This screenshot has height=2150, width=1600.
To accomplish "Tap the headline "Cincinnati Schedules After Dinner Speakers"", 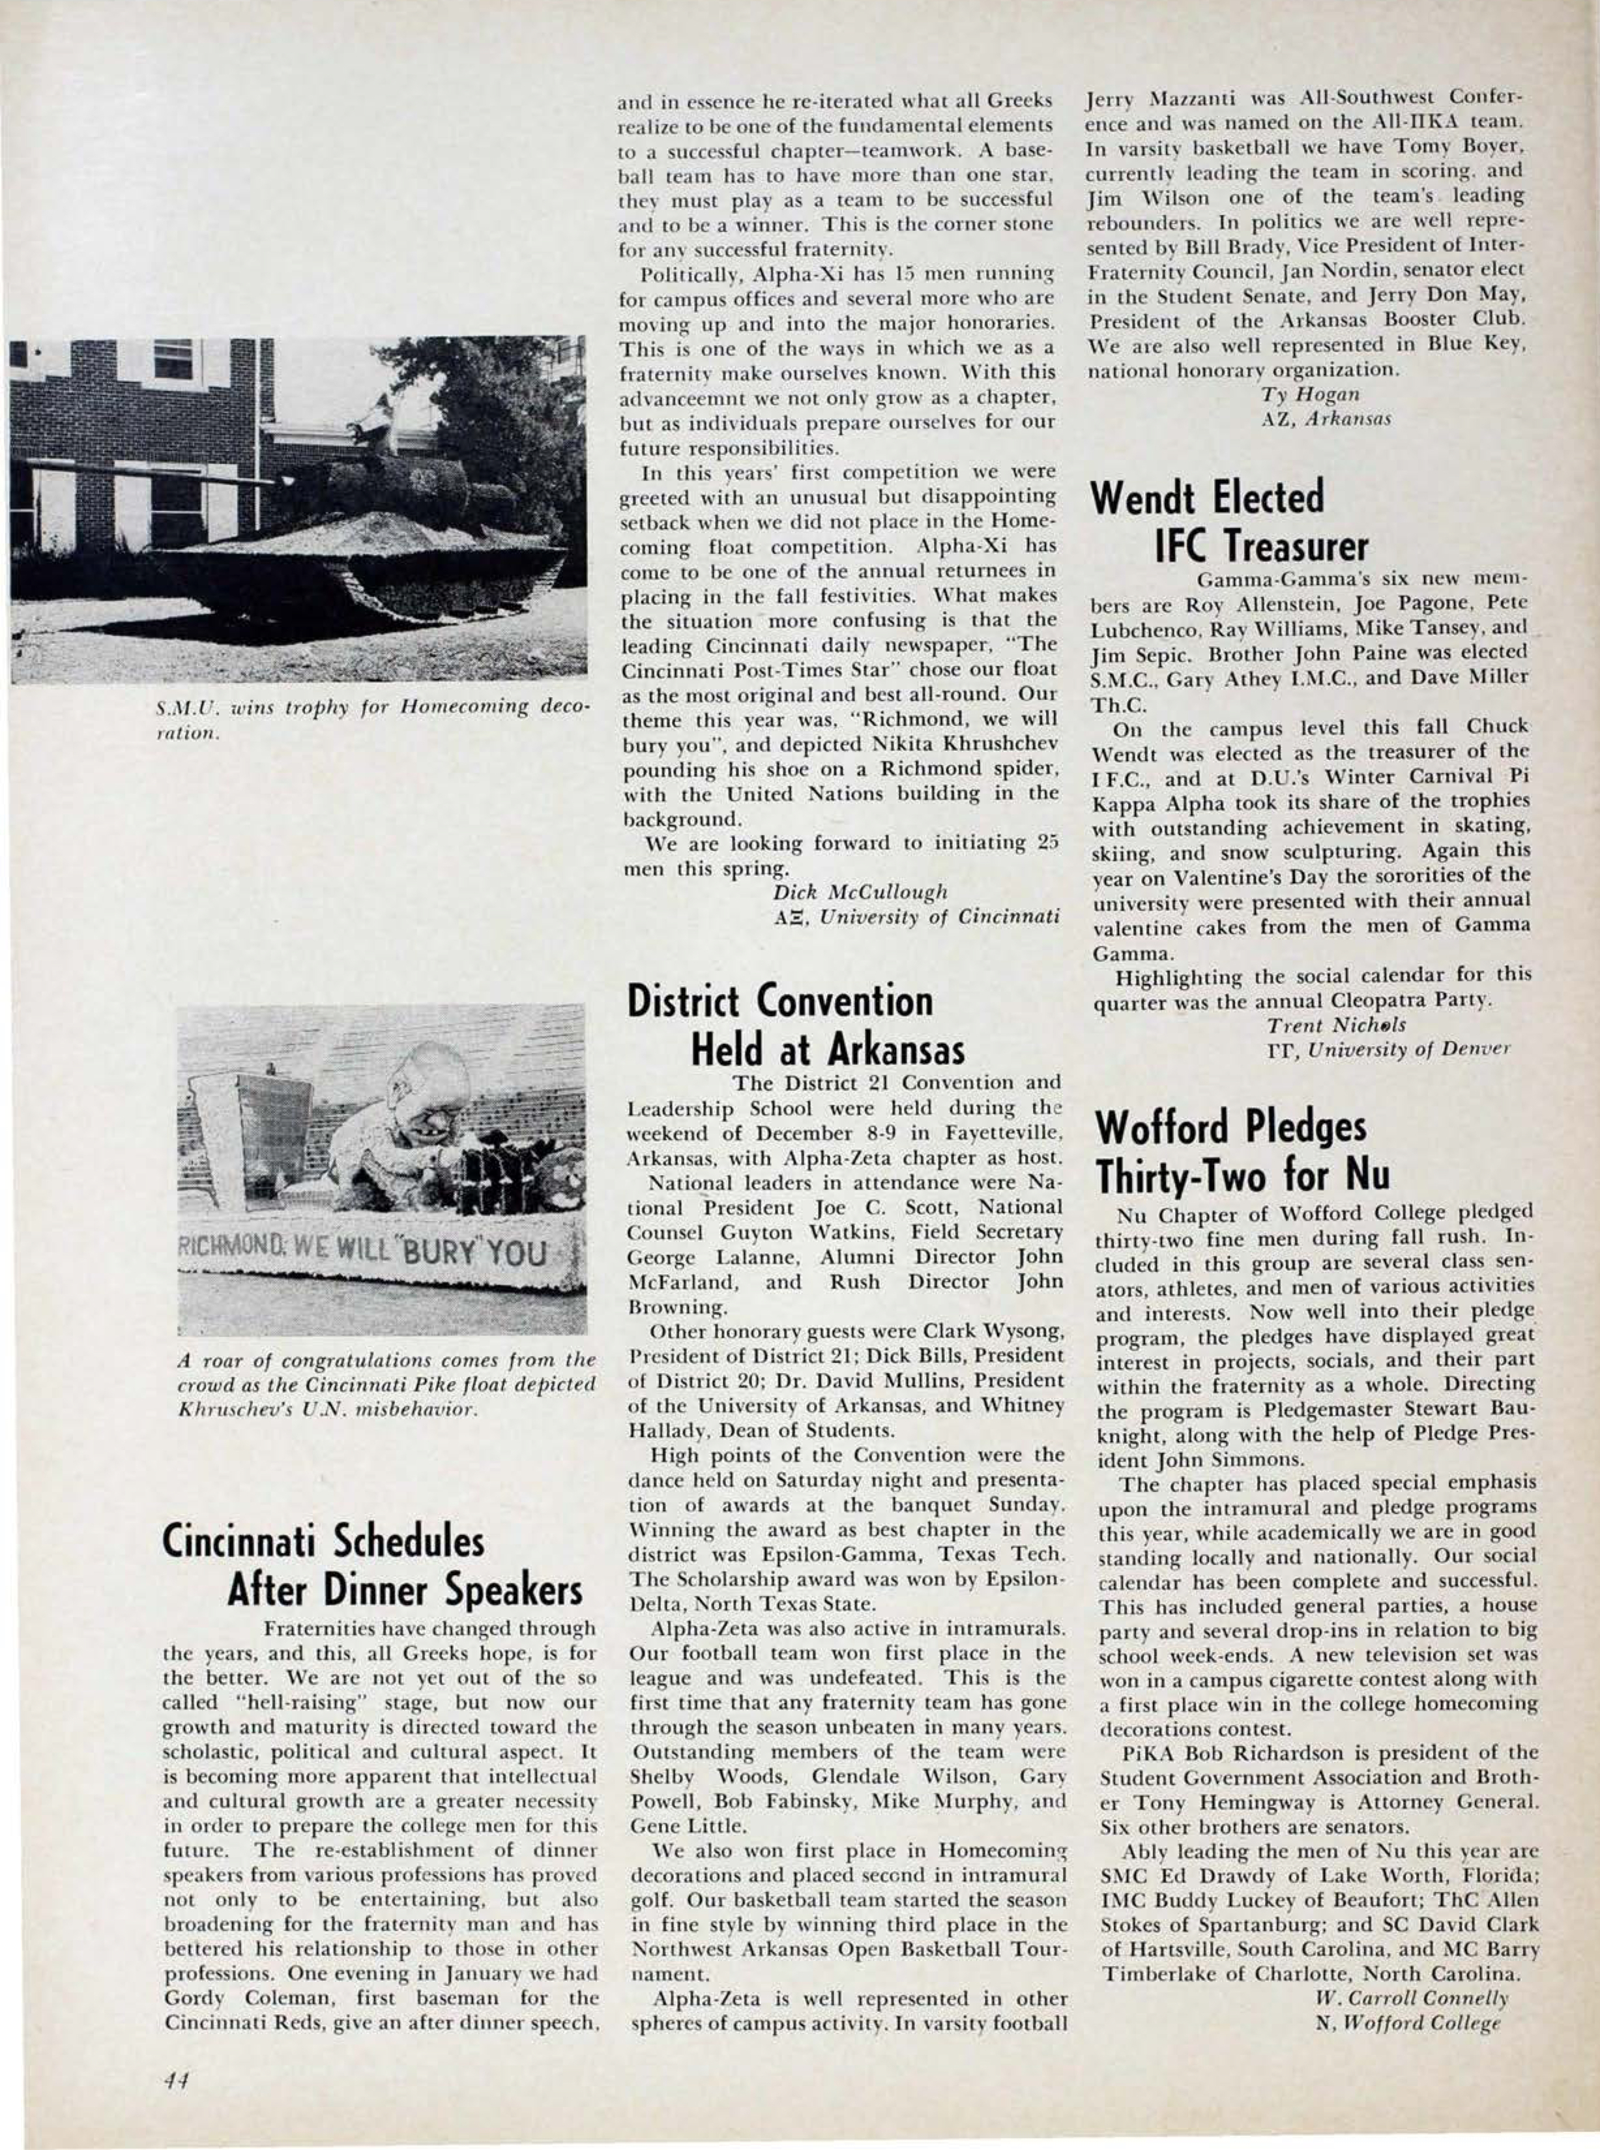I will [372, 1565].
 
